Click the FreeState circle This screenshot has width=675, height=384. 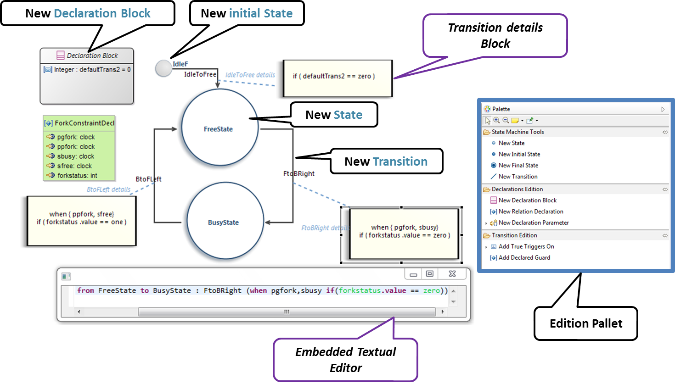tap(219, 128)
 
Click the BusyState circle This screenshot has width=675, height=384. tap(224, 222)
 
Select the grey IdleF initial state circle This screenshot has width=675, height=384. tap(163, 68)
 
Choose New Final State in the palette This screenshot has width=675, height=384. tap(518, 165)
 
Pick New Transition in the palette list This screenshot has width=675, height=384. tap(517, 177)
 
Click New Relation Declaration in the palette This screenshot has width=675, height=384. tap(530, 211)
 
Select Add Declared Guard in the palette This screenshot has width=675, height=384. tap(524, 258)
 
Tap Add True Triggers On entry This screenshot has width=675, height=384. tap(526, 246)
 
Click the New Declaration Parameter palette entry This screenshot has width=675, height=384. tap(533, 223)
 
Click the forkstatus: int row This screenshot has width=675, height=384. tap(77, 176)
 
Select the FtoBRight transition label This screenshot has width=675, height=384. tap(299, 173)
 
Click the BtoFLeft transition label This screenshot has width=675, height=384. tap(148, 179)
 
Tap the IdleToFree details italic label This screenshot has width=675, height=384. tap(250, 75)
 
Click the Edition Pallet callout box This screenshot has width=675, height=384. tap(585, 323)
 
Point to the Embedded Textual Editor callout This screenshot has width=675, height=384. tap(345, 360)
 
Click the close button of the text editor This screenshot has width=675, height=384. tap(452, 274)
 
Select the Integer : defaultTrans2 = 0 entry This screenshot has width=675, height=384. tap(92, 70)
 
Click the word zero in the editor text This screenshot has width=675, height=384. tap(431, 290)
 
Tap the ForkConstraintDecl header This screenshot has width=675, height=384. tap(84, 123)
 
